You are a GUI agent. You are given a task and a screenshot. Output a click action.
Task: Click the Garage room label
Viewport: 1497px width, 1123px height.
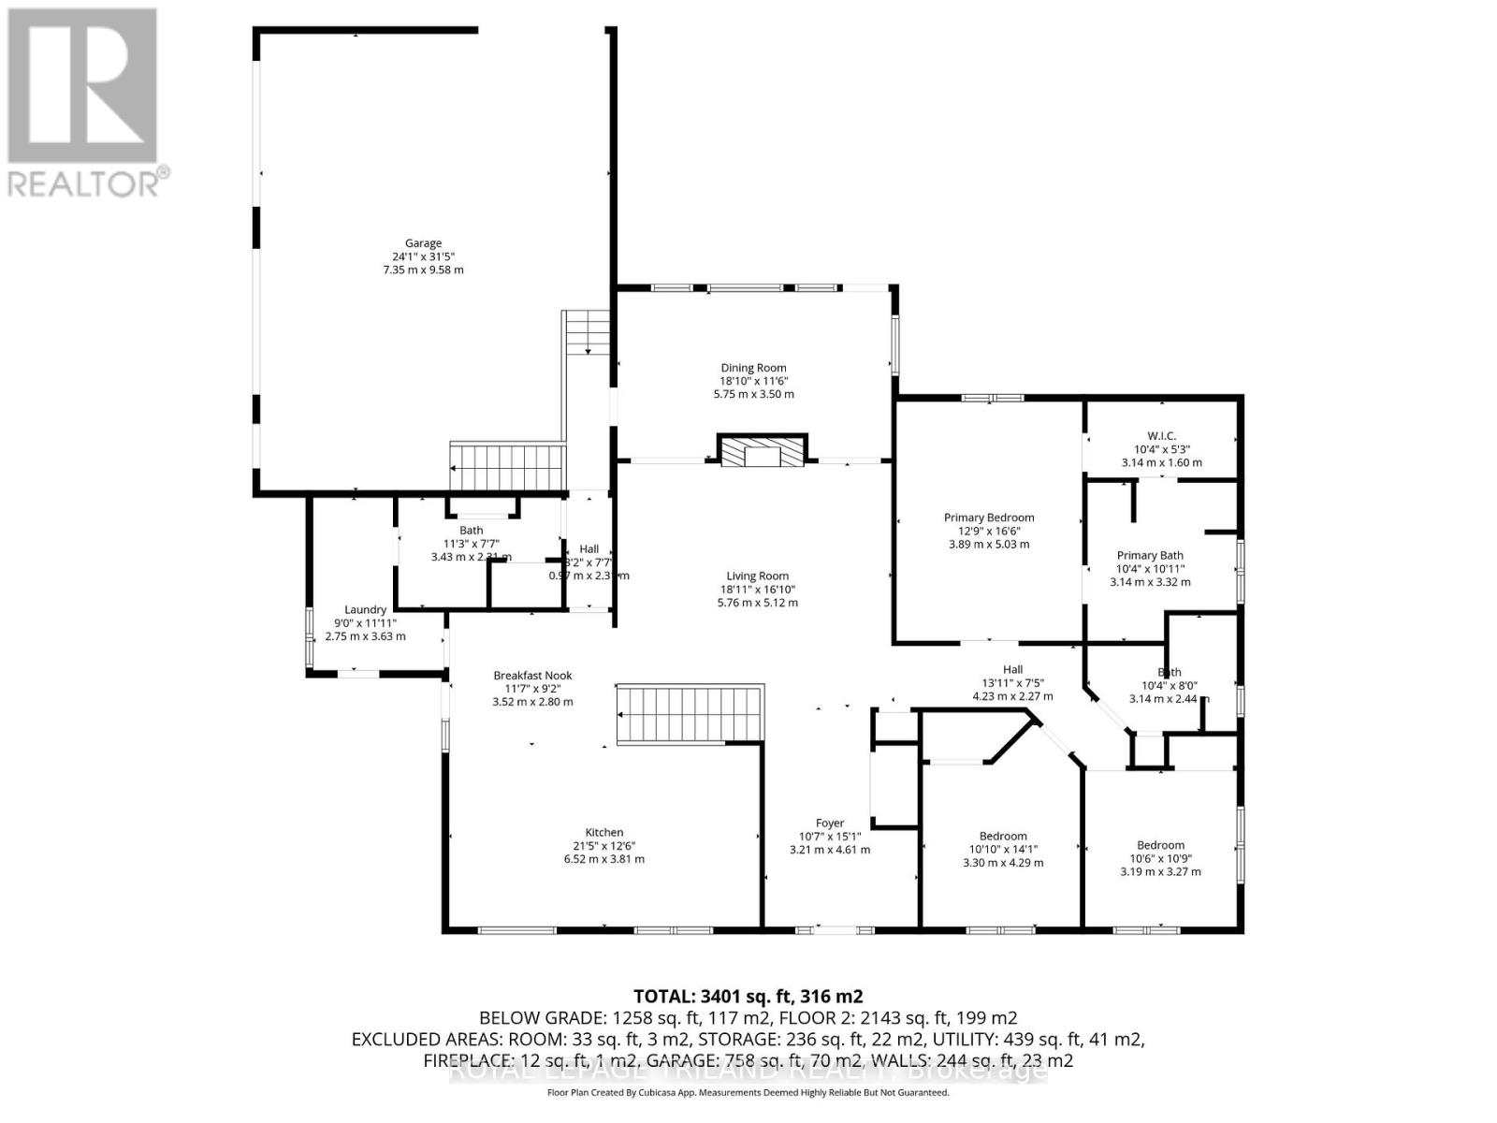[423, 243]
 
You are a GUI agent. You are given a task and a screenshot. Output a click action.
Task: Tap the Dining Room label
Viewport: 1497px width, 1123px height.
[753, 368]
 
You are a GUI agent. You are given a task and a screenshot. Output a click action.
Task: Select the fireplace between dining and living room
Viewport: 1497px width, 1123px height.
[762, 451]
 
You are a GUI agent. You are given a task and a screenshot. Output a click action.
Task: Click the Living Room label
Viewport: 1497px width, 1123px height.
[758, 576]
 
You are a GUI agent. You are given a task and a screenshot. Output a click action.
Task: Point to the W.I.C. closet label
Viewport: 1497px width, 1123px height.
[1161, 436]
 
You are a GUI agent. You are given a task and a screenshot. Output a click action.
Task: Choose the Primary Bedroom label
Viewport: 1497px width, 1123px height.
[989, 518]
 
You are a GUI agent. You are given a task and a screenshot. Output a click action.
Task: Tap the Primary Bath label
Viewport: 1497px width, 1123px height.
[1150, 555]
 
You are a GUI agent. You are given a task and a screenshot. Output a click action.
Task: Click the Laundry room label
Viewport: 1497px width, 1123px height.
[365, 609]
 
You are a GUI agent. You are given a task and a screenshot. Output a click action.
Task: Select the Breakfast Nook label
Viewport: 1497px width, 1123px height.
[532, 675]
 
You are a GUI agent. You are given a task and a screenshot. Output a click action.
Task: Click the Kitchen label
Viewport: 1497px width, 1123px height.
[604, 832]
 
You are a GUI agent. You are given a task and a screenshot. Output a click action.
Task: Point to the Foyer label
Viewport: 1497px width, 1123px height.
[829, 824]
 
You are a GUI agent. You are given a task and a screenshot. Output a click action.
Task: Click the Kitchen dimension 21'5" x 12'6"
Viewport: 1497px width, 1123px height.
[604, 845]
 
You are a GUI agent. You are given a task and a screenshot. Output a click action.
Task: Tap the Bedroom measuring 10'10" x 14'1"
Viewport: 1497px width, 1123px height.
[1003, 836]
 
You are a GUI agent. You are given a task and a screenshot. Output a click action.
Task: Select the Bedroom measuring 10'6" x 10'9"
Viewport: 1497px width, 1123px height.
[1160, 845]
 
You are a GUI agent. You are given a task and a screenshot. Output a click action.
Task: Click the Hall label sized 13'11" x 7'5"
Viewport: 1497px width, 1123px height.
[1012, 669]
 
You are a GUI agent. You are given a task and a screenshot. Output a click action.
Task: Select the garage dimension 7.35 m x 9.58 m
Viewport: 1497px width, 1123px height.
[423, 270]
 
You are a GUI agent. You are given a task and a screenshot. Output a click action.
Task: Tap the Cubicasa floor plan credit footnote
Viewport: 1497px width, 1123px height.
[748, 1093]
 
